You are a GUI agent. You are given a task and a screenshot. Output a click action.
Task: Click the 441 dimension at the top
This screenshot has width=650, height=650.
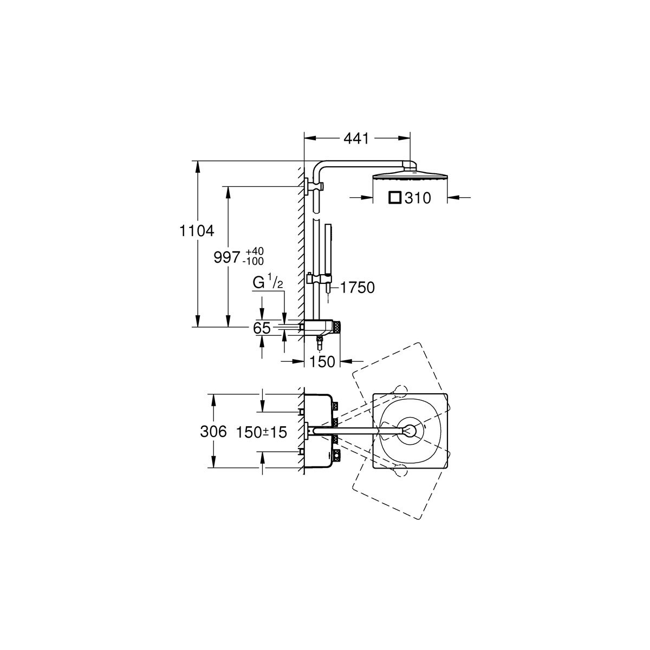pos(356,138)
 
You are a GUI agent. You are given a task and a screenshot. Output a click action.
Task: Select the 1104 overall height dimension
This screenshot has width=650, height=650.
pos(197,231)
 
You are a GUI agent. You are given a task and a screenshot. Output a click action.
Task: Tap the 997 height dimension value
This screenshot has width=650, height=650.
pos(226,258)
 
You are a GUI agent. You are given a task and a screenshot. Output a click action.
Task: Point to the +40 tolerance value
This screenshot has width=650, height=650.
pos(255,252)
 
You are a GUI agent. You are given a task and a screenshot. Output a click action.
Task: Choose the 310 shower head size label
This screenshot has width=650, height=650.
pos(418,198)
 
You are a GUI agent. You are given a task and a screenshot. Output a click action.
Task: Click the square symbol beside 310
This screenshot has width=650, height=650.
pos(394,198)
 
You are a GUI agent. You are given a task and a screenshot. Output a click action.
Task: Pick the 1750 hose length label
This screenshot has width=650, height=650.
pos(357,288)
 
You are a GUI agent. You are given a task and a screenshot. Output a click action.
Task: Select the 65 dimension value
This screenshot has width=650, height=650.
pos(262,328)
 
